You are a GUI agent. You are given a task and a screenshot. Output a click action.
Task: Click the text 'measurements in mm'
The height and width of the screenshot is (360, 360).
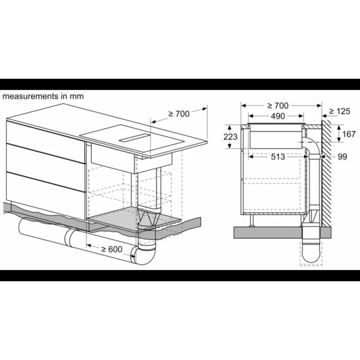coord(43,96)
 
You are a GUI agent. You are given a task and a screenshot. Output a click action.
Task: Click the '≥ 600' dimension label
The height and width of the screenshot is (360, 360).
coord(112,249)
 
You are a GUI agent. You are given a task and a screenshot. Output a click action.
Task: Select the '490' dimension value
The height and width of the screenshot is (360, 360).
coord(278,116)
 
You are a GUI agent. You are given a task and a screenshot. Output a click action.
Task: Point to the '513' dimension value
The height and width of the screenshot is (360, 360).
coord(278,156)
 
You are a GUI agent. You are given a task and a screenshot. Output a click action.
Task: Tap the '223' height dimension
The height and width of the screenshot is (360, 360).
coord(230,137)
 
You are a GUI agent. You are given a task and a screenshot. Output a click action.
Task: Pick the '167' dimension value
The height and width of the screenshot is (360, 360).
coord(349,134)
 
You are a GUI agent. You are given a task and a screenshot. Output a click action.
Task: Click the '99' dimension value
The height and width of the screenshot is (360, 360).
coord(343,156)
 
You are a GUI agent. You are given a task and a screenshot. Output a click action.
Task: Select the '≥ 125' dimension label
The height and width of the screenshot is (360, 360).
coord(340,111)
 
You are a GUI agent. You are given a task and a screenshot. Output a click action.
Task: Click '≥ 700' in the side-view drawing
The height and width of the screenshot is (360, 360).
coord(278,106)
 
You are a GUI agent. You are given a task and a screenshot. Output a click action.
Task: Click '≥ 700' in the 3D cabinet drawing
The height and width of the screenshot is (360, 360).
coord(179,114)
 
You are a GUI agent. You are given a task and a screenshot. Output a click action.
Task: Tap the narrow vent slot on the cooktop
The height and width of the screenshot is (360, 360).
coord(134,138)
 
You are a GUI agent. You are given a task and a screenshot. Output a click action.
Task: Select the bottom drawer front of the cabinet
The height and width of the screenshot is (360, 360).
coord(47,195)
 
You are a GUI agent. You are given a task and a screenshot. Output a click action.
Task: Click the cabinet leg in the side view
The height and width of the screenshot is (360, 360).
coord(252,220)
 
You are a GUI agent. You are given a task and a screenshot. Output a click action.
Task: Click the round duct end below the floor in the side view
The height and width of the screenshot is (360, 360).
coord(310,254)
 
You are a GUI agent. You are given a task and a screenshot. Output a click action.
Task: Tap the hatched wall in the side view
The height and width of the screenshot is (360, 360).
coord(326,172)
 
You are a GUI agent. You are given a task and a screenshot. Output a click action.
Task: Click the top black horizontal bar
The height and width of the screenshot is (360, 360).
coord(180,84)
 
